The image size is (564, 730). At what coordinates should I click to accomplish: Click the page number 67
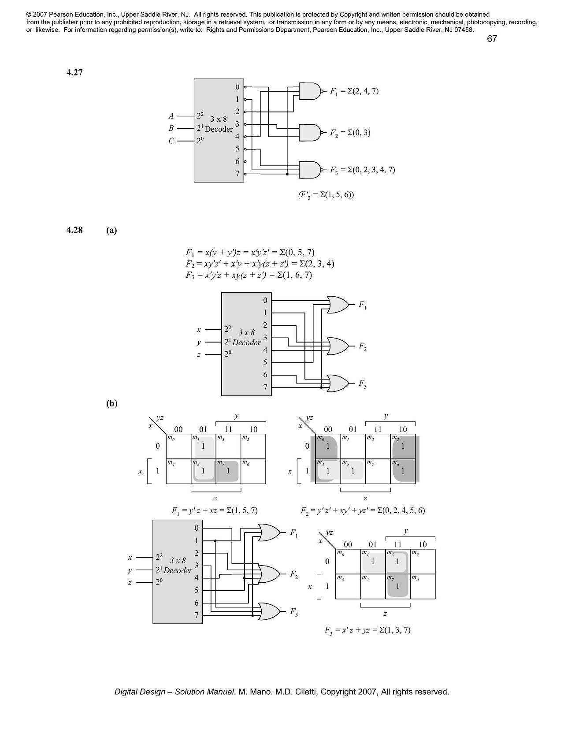[x=492, y=39]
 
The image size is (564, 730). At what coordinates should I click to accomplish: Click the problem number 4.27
[x=74, y=73]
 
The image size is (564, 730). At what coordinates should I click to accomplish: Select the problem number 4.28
[x=74, y=230]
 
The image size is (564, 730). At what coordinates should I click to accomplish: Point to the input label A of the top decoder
[x=171, y=116]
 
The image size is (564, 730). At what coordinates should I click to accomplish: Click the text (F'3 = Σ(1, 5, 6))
[x=326, y=194]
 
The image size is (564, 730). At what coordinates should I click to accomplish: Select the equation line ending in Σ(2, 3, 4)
[x=260, y=264]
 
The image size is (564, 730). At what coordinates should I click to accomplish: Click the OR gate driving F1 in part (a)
[x=338, y=305]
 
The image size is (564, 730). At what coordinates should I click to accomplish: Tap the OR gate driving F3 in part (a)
[x=338, y=384]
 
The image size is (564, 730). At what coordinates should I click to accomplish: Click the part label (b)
[x=112, y=403]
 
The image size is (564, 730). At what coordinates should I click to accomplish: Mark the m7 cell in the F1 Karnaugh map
[x=228, y=471]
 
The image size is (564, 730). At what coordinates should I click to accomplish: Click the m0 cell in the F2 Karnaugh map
[x=328, y=446]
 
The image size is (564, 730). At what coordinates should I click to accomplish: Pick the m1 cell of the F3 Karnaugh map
[x=373, y=561]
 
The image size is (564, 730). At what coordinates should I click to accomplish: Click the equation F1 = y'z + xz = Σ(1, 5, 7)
[x=214, y=510]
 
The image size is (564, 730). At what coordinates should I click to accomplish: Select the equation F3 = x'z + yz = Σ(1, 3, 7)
[x=367, y=630]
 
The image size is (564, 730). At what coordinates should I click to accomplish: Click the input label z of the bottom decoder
[x=130, y=582]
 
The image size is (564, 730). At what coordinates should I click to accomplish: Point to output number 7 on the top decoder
[x=237, y=174]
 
